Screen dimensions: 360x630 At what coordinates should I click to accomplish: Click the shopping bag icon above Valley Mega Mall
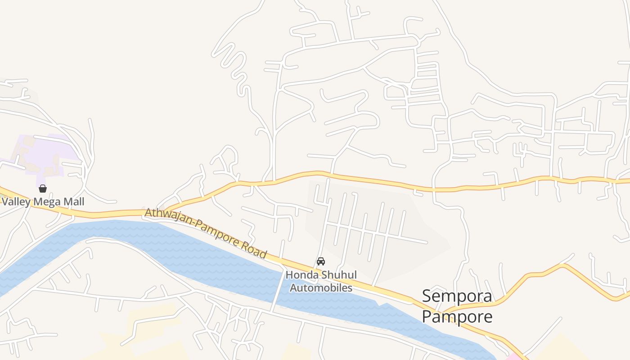(43, 189)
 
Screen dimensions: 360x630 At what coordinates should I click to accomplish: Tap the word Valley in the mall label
(16, 202)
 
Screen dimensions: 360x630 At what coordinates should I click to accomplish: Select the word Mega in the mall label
(48, 202)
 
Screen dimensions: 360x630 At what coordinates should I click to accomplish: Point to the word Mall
(74, 202)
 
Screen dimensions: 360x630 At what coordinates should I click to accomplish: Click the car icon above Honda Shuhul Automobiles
(321, 261)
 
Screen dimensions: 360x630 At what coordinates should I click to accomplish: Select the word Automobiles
(321, 287)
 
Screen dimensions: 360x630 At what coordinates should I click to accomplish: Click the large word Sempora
(457, 297)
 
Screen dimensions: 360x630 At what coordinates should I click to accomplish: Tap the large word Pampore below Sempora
(457, 317)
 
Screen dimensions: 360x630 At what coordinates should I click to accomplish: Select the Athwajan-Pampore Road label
(206, 233)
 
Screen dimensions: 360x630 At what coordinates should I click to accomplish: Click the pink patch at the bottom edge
(513, 357)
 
